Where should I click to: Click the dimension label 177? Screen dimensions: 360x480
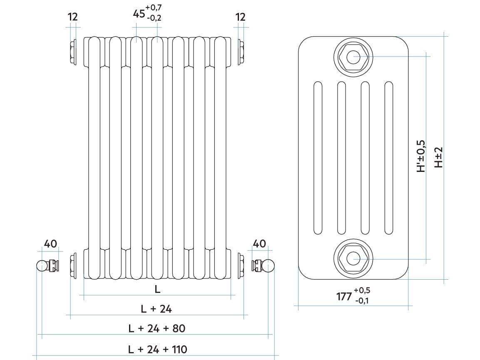344,296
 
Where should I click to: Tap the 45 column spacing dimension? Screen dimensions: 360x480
139,13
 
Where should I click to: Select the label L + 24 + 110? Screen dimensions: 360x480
157,349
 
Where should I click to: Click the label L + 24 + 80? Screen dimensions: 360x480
157,328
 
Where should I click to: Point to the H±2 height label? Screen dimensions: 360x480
438,157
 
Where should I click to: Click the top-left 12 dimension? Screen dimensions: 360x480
72,17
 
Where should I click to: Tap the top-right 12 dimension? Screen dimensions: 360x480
240,17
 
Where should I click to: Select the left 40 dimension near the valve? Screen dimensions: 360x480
50,243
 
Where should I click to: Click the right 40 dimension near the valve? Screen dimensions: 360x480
259,243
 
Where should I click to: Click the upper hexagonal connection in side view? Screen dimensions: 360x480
353,57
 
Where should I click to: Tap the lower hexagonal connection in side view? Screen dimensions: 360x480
353,259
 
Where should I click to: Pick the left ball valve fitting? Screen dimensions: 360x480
47,265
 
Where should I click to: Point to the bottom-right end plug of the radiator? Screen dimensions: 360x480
241,265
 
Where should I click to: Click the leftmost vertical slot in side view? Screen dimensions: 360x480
318,158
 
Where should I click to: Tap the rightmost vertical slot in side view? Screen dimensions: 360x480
389,158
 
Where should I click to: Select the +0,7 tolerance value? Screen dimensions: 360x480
154,7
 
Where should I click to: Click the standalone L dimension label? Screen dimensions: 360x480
157,289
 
